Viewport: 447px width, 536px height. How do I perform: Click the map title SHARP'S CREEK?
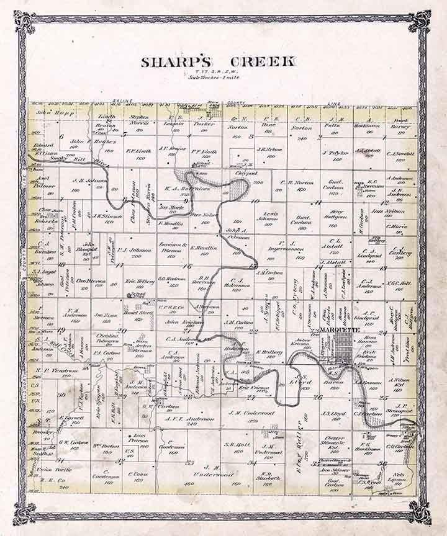tap(219, 62)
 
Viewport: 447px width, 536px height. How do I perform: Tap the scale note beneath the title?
tap(219, 77)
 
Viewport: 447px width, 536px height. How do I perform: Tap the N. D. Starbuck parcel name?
tap(269, 478)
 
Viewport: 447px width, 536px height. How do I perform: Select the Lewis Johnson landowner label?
tap(269, 217)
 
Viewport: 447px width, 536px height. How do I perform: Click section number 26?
tap(318, 396)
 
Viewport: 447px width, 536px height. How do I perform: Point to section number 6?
tap(61, 136)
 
